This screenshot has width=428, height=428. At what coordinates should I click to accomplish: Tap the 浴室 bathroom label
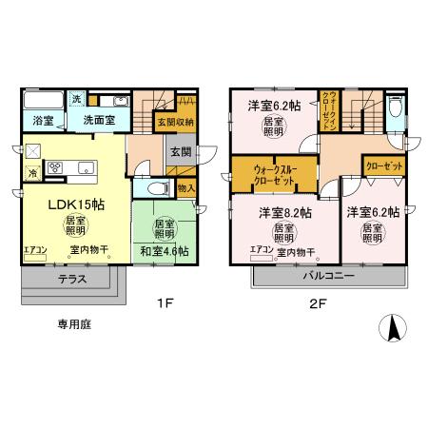(x=42, y=121)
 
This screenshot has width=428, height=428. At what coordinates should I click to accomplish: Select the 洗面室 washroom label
(x=97, y=121)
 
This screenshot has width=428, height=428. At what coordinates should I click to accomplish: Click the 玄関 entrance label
(x=180, y=150)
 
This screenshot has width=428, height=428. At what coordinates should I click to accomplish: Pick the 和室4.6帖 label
(x=165, y=251)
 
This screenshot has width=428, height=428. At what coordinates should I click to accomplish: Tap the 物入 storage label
(x=186, y=188)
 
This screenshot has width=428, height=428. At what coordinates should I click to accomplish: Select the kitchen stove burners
(x=55, y=168)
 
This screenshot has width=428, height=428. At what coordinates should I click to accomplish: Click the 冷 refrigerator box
(x=32, y=173)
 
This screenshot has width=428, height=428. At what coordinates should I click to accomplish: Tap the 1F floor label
(x=165, y=305)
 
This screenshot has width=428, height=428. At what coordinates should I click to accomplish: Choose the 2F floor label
(x=316, y=305)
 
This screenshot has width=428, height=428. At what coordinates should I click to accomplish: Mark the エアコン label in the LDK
(x=35, y=249)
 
